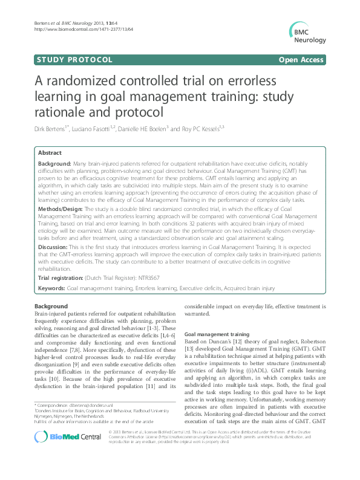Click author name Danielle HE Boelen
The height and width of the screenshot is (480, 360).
click(150, 128)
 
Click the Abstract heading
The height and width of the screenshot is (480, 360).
click(50, 153)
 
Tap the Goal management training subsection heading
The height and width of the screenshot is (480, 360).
click(216, 334)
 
